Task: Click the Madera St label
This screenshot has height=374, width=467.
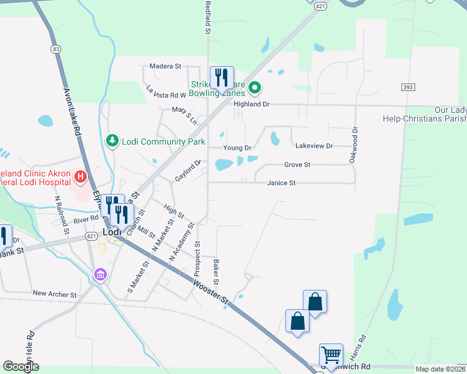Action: click(165, 65)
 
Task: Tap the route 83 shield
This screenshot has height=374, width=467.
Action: click(57, 49)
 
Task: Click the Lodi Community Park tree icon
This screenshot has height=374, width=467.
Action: click(112, 141)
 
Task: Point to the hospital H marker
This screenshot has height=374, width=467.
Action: click(80, 178)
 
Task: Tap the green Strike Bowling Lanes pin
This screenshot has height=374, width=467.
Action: click(254, 89)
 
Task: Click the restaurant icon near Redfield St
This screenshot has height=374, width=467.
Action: click(222, 78)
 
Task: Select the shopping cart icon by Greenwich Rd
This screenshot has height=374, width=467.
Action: click(330, 355)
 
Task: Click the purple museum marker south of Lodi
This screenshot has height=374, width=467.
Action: click(100, 274)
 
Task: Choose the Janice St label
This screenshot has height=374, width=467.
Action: click(281, 183)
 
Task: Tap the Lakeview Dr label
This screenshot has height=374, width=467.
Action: click(314, 146)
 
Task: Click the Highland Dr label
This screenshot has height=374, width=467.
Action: click(251, 105)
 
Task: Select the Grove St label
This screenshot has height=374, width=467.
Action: click(297, 165)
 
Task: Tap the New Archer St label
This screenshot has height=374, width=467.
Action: click(54, 294)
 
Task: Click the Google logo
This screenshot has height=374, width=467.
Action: click(21, 367)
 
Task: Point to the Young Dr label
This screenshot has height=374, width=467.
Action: click(237, 148)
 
